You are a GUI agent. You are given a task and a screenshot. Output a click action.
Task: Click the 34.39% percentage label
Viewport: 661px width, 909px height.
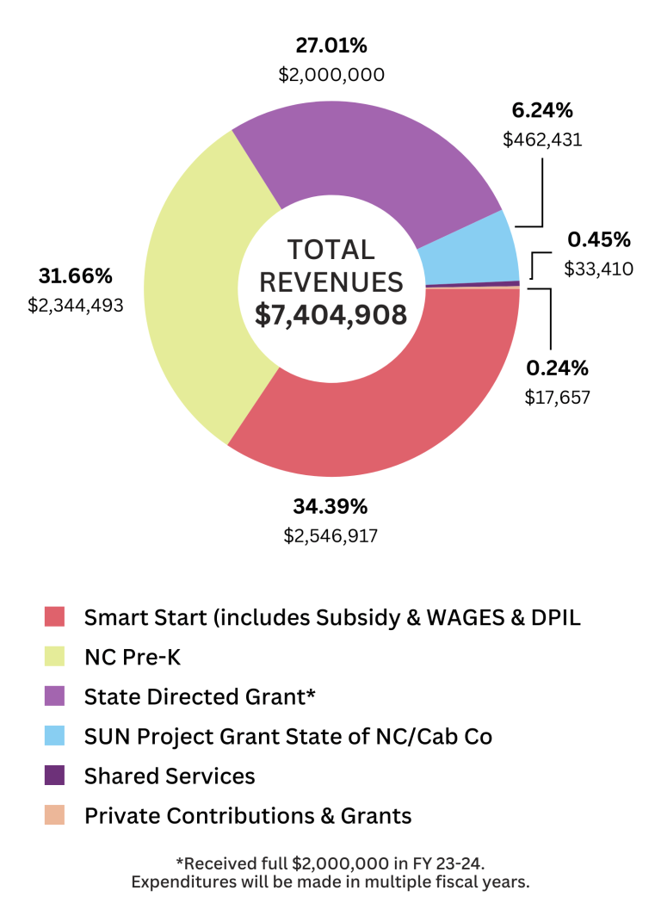(330, 505)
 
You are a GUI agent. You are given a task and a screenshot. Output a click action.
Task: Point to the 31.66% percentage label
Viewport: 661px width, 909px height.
(75, 276)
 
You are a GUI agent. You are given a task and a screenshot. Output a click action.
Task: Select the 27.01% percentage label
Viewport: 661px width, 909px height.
(330, 46)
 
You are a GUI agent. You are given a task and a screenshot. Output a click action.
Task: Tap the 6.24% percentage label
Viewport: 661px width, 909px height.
(542, 110)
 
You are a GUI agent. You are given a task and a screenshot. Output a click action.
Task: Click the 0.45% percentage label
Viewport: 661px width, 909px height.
(599, 239)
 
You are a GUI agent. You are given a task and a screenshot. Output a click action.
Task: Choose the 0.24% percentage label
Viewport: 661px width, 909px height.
(557, 368)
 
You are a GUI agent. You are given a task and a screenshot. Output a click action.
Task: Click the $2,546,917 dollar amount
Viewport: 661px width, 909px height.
(330, 535)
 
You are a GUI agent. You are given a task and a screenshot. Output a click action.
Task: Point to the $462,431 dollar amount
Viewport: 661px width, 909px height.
(542, 139)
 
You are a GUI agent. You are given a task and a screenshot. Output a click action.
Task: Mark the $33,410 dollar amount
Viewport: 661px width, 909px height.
(599, 269)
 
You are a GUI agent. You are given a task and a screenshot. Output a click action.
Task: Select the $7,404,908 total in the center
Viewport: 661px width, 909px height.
(330, 314)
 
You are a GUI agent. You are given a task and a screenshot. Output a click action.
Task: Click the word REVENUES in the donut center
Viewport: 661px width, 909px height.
(330, 281)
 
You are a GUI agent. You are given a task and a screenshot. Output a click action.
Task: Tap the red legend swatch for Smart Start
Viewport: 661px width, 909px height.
(55, 617)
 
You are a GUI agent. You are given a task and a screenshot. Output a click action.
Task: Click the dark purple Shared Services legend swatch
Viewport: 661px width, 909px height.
(55, 776)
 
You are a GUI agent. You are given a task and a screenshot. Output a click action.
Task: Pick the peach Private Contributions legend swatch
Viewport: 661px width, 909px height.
(55, 815)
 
